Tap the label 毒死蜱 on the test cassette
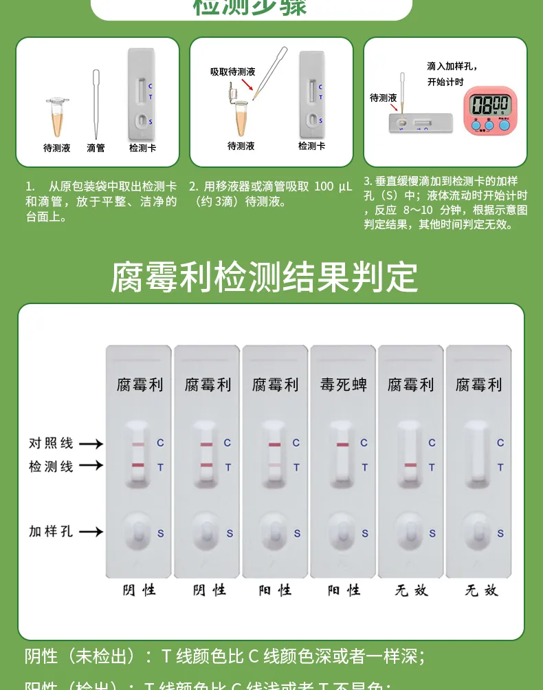coord(344,385)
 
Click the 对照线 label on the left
coord(51,444)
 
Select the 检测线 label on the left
coord(51,466)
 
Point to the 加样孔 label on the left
coord(51,531)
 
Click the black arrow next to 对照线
coord(91,444)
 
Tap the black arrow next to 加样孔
coord(91,532)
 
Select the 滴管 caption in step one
coord(96,148)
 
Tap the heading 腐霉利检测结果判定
coord(265,277)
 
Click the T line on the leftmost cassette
coord(138,466)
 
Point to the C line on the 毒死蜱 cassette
coord(342,444)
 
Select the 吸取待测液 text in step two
coord(232,72)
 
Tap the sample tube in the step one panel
coord(57,117)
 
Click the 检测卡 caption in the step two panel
coord(311,146)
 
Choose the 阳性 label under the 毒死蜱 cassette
coord(344,590)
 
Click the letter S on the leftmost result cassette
coord(161,533)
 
